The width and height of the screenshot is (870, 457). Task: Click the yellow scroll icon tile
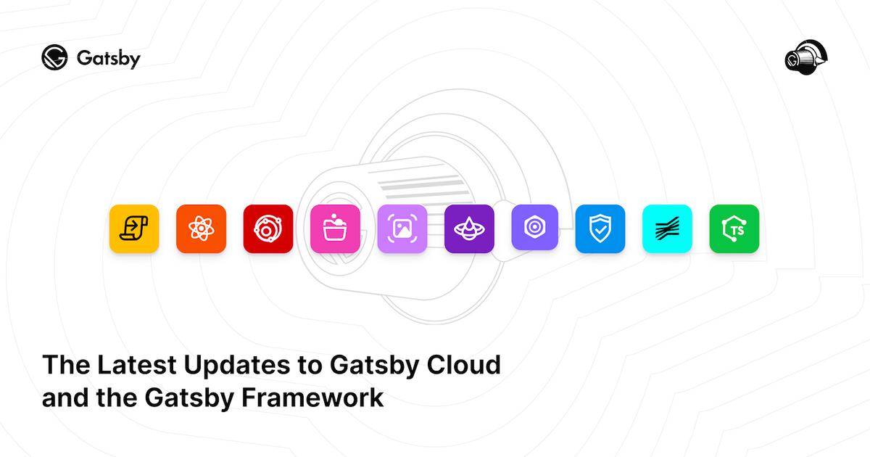click(x=134, y=229)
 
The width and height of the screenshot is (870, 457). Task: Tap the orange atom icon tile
click(x=201, y=229)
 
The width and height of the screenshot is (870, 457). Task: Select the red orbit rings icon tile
click(x=268, y=229)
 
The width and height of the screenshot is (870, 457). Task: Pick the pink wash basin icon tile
click(x=335, y=229)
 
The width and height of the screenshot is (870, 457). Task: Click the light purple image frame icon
click(x=402, y=229)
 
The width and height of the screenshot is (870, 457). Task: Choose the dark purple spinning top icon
click(x=469, y=229)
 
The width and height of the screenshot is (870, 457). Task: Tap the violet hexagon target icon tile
click(x=535, y=228)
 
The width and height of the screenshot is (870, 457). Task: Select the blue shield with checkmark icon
click(x=600, y=229)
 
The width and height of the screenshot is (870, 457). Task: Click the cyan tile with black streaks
click(x=667, y=229)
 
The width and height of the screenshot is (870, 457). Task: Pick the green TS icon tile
click(x=734, y=229)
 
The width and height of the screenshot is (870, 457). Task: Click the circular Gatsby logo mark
click(x=54, y=58)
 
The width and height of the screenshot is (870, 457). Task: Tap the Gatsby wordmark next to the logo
click(x=108, y=59)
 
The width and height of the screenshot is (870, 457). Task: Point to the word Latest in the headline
click(x=131, y=364)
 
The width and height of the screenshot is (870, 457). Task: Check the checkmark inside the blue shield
click(x=600, y=231)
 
